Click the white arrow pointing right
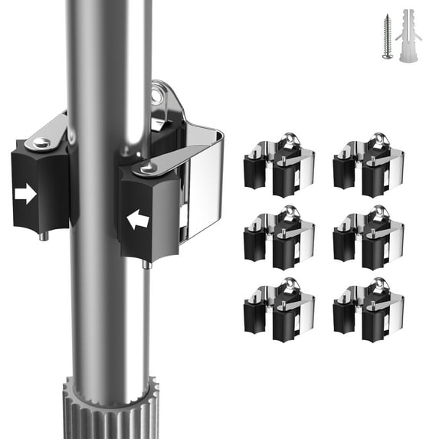click(25, 194)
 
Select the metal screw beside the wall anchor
click(388, 38)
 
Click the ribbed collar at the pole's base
click(108, 410)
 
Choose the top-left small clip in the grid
click(279, 165)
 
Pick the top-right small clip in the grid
click(368, 165)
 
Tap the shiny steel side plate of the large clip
click(203, 184)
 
